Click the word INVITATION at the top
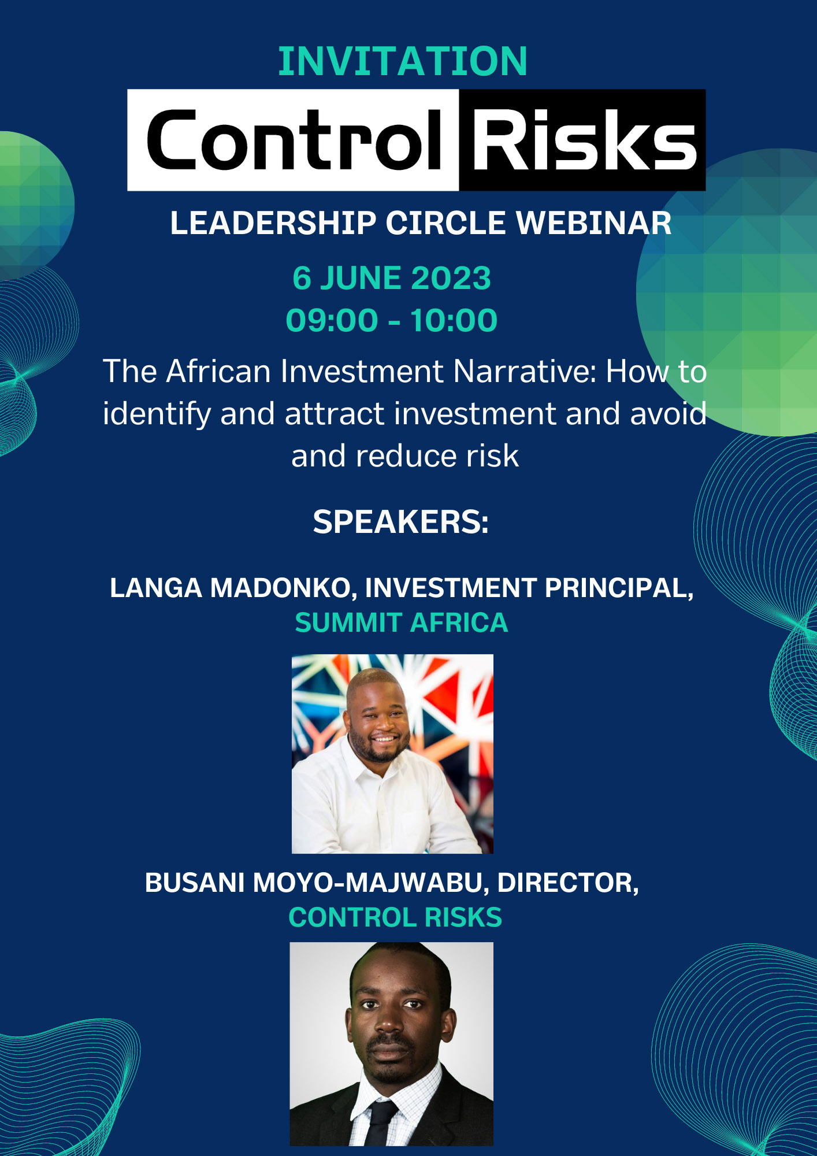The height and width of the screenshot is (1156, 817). click(403, 61)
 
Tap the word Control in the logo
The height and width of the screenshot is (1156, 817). click(295, 140)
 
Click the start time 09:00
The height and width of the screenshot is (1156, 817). click(332, 320)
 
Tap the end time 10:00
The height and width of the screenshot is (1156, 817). click(454, 320)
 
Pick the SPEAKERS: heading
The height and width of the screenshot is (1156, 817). click(401, 522)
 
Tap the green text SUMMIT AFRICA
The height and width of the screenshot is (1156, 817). click(402, 623)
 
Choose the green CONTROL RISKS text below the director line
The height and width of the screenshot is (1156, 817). click(395, 917)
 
